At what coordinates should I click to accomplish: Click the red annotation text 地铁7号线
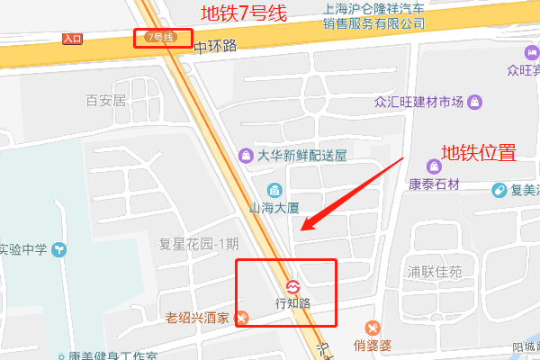coord(242,13)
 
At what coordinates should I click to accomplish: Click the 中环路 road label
coord(215,45)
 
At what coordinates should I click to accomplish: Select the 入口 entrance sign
coord(73,39)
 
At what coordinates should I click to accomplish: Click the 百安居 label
coord(105,100)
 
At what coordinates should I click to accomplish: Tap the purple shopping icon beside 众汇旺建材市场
coord(473,101)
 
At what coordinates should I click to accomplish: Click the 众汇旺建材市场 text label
coord(418,101)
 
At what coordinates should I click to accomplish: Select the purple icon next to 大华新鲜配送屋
coord(245,155)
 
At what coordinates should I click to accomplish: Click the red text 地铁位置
coord(477,152)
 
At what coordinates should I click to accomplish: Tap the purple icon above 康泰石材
coord(435,166)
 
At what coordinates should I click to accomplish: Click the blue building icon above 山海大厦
coord(274,190)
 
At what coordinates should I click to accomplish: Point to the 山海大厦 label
coord(274,207)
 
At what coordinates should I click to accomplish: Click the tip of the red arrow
coord(301,229)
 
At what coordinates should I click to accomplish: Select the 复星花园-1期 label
coord(199,243)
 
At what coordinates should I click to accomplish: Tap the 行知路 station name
coord(292,303)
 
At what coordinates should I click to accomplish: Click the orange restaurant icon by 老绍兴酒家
coord(242,319)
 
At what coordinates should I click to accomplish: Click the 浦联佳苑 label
coord(435,270)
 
